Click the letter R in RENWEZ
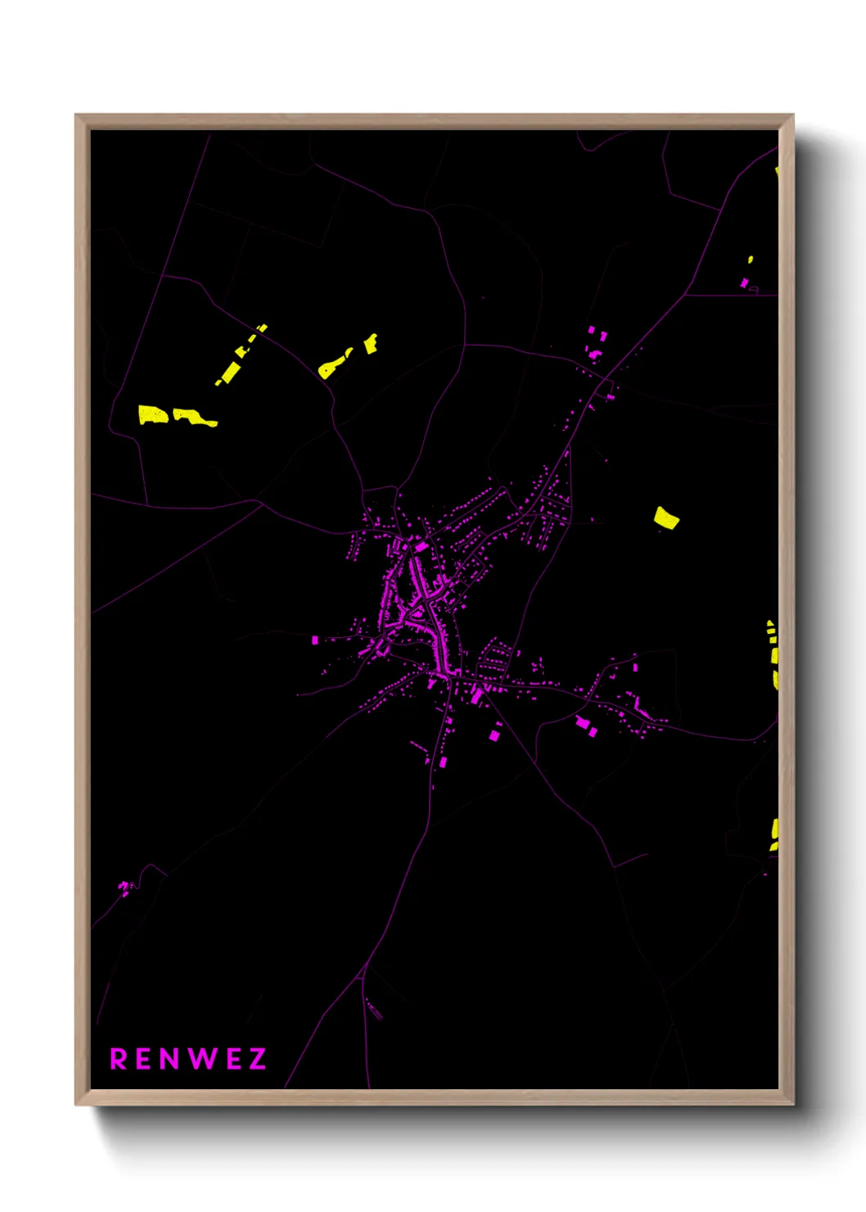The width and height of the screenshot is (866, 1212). point(119,1059)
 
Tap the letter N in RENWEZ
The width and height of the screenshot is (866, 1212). point(170,1059)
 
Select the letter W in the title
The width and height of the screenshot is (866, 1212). point(201,1059)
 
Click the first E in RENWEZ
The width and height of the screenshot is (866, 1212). point(145,1059)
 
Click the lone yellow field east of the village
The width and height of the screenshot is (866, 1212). point(666,518)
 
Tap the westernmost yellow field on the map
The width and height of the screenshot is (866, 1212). point(152,415)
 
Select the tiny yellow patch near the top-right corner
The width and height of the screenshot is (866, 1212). point(750,260)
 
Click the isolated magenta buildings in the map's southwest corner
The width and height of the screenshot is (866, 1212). point(124,887)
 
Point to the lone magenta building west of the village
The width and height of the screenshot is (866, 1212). point(315,640)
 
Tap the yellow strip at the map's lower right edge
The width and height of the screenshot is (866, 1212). point(774,834)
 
